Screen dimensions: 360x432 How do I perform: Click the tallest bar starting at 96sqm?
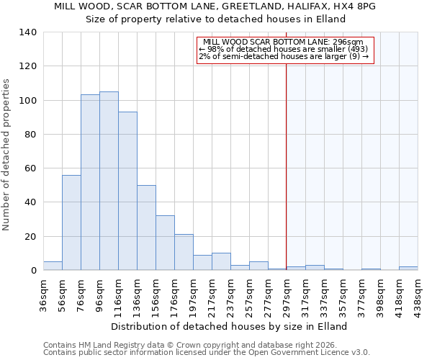pos(109,181)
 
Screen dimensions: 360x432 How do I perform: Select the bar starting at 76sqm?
pos(90,182)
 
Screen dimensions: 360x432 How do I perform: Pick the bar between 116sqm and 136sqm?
pos(127,191)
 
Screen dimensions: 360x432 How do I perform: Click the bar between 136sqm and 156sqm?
pos(146,228)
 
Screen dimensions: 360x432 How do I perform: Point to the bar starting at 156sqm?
pos(165,243)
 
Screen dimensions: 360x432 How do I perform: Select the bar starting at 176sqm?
pos(184,252)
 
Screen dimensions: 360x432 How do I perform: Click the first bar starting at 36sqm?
pos(53,266)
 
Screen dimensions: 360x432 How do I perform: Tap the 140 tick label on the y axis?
pos(27,32)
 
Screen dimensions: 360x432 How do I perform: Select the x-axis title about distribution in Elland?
pos(230,326)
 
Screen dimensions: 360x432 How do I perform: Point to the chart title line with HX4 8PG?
pos(215,6)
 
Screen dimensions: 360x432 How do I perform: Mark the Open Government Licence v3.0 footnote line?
pos(207,352)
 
